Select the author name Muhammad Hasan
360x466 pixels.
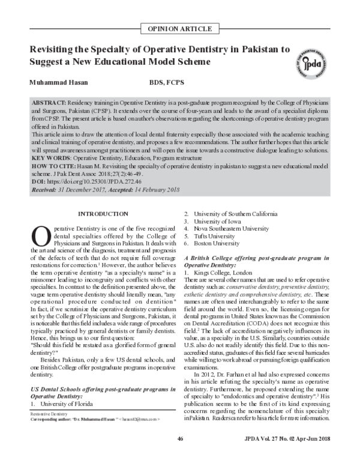coord(57,82)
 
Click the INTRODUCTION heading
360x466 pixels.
coord(103,214)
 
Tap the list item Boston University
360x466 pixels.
coord(219,244)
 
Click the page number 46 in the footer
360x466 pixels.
coord(180,457)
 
